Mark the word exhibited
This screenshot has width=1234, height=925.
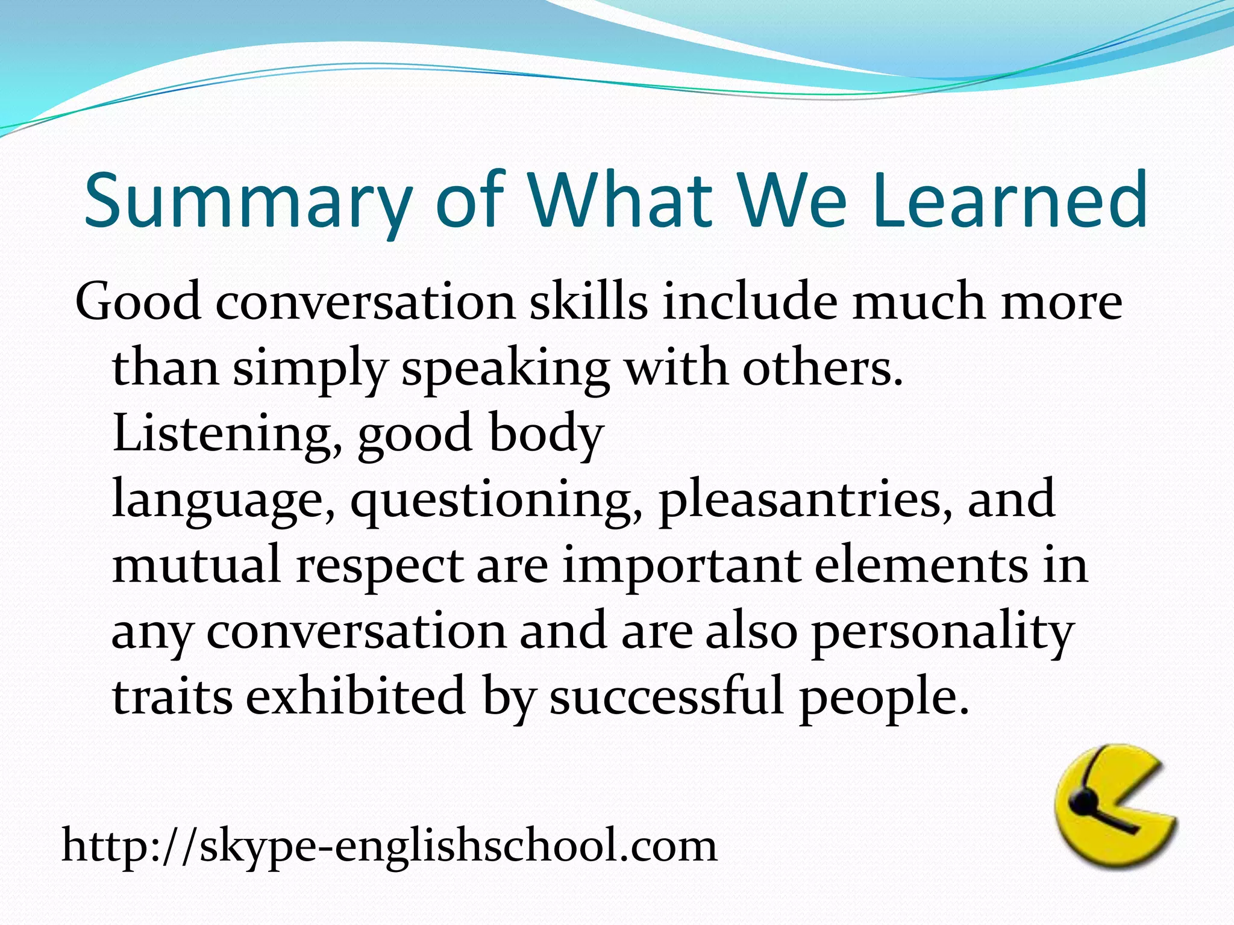(355, 696)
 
